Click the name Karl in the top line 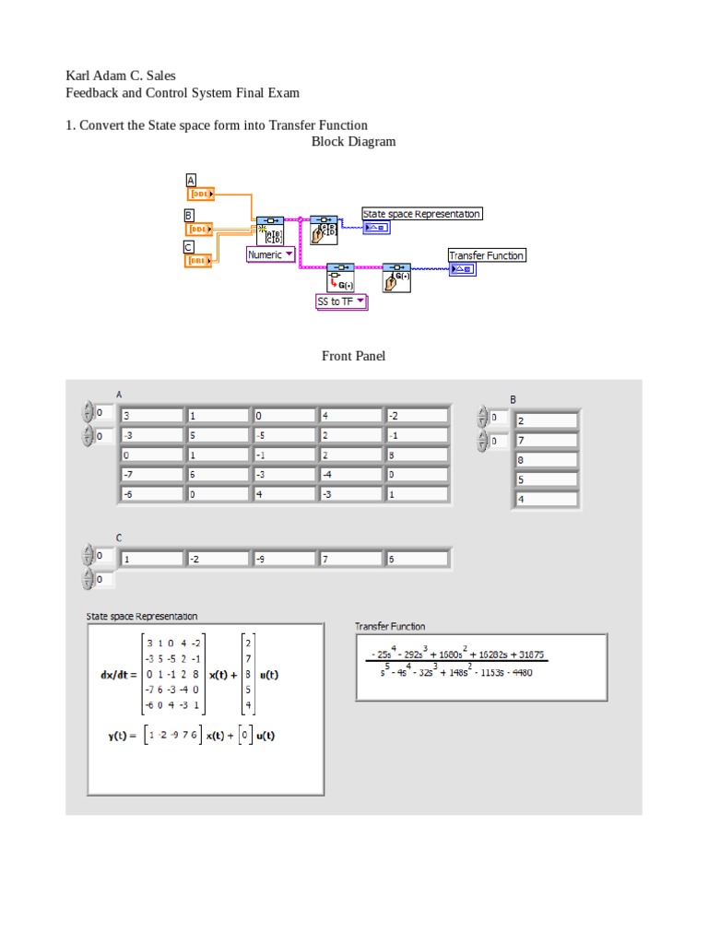tap(80, 76)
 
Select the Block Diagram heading tap(353, 141)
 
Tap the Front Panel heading tap(353, 356)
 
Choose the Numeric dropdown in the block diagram tap(270, 254)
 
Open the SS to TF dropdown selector tap(341, 301)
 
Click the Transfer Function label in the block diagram tap(486, 255)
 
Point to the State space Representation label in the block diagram tap(421, 214)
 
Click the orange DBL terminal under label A tap(201, 195)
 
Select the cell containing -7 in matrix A tap(150, 475)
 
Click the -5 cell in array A tap(284, 435)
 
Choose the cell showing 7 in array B tap(546, 441)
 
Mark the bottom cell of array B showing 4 tap(546, 500)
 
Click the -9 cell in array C tap(284, 559)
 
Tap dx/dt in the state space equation tap(118, 675)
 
